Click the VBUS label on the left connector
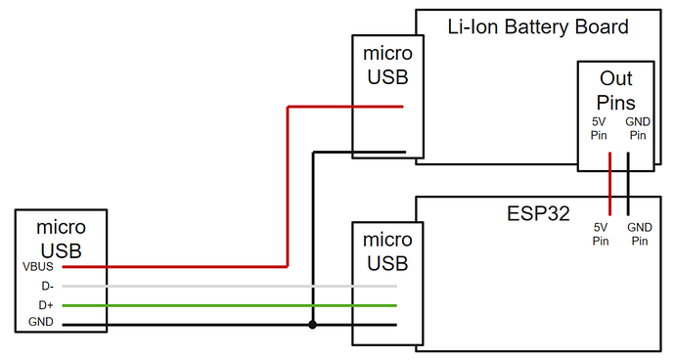point(39,265)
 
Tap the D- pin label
point(46,286)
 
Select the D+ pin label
point(46,305)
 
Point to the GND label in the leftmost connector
point(41,323)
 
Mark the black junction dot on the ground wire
point(312,324)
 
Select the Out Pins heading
point(616,91)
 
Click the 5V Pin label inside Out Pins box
point(599,128)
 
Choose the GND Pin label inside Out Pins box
point(636,128)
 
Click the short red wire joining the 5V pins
point(609,184)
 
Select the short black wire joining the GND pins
point(627,184)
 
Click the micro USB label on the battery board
point(387,64)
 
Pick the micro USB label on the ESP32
point(387,250)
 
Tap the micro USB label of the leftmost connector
point(61,237)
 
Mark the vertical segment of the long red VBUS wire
point(287,186)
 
